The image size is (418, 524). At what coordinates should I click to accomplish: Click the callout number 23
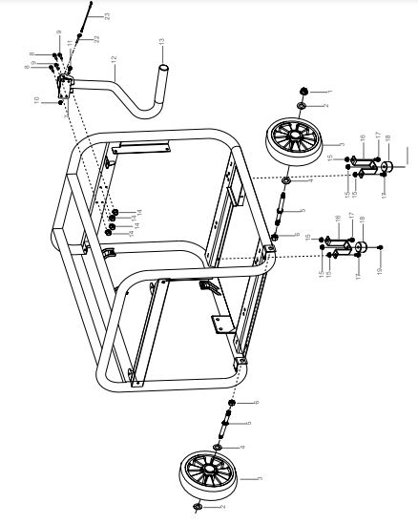pos(107,16)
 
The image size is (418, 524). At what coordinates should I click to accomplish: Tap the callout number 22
pos(94,39)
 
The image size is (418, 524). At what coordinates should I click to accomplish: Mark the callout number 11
pos(71,43)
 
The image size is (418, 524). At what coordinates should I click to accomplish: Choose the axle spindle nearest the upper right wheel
pos(282,205)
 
